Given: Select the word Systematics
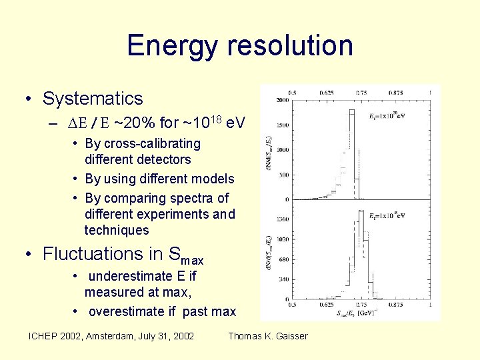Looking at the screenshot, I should pos(93,99).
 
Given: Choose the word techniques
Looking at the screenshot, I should pos(117,230).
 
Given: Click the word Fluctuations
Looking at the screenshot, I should pos(89,254).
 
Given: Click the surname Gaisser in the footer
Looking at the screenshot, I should pos(289,336).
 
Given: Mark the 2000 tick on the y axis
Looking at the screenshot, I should pos(283,100).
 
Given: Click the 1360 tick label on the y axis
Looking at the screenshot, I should pos(283,218).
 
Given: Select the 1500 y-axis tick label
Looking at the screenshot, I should pos(283,125).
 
